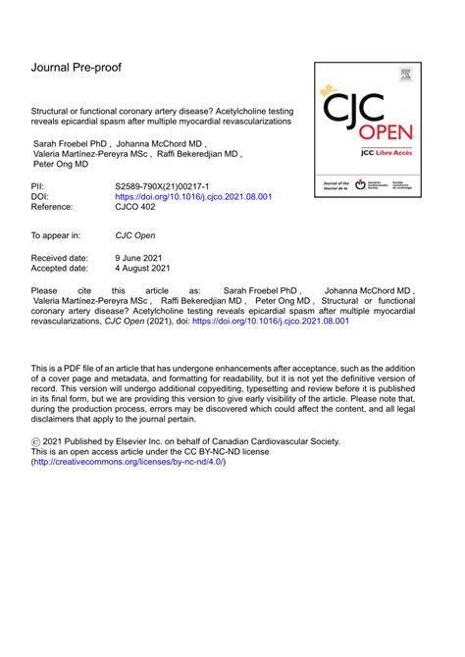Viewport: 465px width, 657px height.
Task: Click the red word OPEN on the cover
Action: (x=387, y=132)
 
